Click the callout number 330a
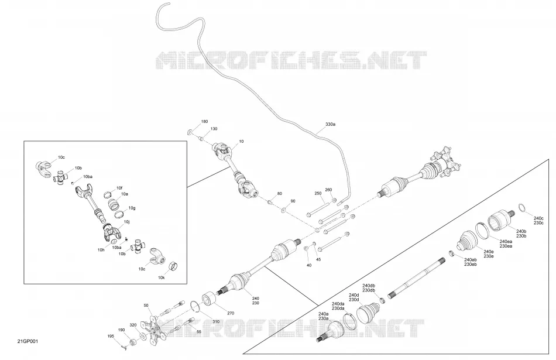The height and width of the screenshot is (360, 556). (x=330, y=125)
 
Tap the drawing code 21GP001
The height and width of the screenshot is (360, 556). (x=28, y=341)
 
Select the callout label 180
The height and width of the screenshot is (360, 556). (x=205, y=122)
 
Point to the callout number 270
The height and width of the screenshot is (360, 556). (x=231, y=313)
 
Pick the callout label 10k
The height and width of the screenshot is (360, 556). (x=162, y=277)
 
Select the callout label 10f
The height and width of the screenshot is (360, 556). (x=119, y=188)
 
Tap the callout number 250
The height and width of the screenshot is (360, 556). (x=318, y=193)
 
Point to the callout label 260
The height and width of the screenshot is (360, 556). (x=329, y=190)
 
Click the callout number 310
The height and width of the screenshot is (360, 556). (x=215, y=322)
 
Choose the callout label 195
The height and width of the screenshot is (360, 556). (x=111, y=336)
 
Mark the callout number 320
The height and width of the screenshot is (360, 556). (x=133, y=324)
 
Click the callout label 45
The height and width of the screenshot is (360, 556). (x=318, y=260)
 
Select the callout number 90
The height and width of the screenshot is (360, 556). (x=293, y=201)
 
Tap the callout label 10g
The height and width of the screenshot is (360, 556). (x=132, y=208)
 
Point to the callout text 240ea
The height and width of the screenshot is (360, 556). (x=506, y=242)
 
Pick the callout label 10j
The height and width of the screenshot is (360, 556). (x=126, y=222)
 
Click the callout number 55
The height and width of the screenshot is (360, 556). (x=198, y=331)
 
